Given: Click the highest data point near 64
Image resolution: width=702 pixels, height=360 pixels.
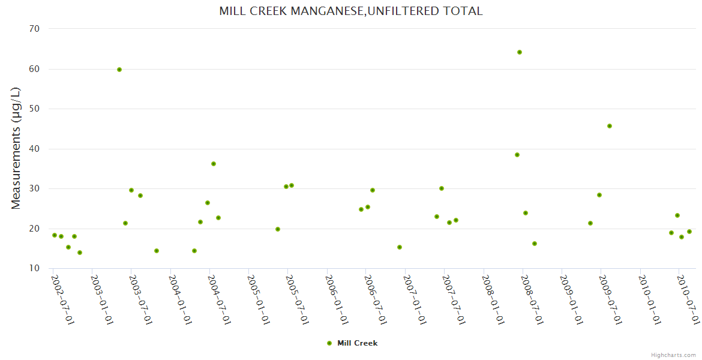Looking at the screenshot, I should click(x=520, y=52).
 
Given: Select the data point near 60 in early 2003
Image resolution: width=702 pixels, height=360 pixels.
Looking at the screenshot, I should click(x=119, y=70).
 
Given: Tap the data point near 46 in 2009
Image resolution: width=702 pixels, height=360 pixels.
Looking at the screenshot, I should click(x=610, y=126).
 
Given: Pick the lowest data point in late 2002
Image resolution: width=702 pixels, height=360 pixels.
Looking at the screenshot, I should click(x=80, y=253).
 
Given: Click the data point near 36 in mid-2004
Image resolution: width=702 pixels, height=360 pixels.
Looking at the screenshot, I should click(x=214, y=164).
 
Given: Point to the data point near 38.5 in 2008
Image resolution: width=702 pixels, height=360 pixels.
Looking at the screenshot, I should click(x=517, y=155).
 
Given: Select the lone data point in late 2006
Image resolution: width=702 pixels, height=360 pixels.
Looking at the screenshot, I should click(x=400, y=247).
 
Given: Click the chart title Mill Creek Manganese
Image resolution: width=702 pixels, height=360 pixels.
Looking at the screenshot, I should click(x=350, y=11).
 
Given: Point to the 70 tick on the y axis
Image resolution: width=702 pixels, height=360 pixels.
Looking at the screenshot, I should click(x=34, y=29).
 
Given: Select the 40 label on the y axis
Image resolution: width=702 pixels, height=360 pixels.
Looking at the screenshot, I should click(x=34, y=149).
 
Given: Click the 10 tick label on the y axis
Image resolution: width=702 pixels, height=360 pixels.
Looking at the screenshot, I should click(x=34, y=268).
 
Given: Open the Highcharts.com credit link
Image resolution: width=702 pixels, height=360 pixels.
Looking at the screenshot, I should click(x=673, y=355).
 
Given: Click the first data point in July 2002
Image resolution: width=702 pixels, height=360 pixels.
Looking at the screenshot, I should click(x=55, y=235).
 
